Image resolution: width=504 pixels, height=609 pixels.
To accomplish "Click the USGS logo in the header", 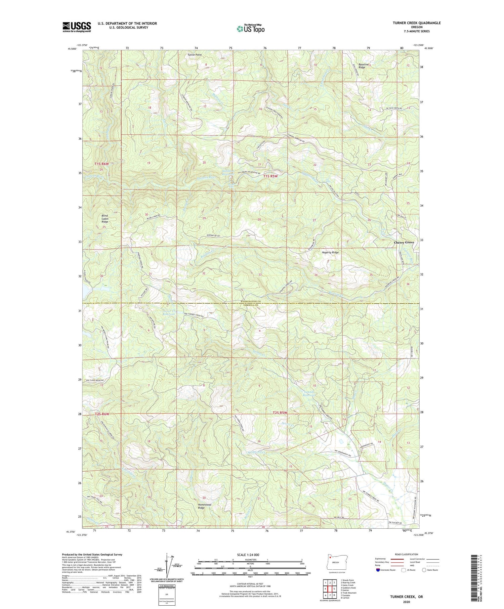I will coord(77,27).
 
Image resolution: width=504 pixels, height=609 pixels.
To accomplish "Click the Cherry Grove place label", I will coord(404,242).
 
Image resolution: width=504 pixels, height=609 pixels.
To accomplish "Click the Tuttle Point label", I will coord(195,54).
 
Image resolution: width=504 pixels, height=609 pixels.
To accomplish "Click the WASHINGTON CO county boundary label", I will coord(251,302).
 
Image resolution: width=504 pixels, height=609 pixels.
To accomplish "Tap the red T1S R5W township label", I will coord(271,176).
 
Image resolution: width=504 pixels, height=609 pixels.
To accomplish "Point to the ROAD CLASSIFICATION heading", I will coord(407,554).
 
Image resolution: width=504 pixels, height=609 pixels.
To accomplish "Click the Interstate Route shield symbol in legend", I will coord(378,570).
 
